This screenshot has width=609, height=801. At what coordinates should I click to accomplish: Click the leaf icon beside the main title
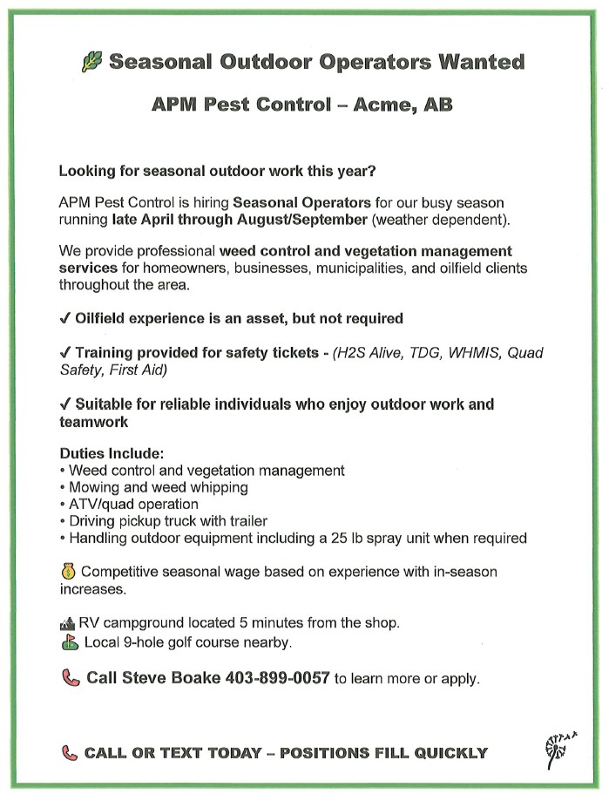coord(91,62)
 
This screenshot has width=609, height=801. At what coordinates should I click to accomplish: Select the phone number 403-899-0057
coord(278,678)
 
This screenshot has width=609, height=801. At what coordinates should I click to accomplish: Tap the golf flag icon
coord(68,643)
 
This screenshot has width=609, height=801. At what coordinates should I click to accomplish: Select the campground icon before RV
coord(67,623)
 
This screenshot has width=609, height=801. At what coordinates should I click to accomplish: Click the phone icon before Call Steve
coord(69,678)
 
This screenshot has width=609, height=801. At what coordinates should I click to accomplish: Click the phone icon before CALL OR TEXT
coord(69,753)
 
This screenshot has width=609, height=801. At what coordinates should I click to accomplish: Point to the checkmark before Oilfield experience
coord(64,319)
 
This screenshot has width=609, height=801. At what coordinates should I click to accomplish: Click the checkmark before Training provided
coord(64,353)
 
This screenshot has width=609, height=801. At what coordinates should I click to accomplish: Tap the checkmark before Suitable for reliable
coord(64,404)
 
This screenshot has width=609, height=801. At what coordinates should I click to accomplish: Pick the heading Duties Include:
coord(112,454)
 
